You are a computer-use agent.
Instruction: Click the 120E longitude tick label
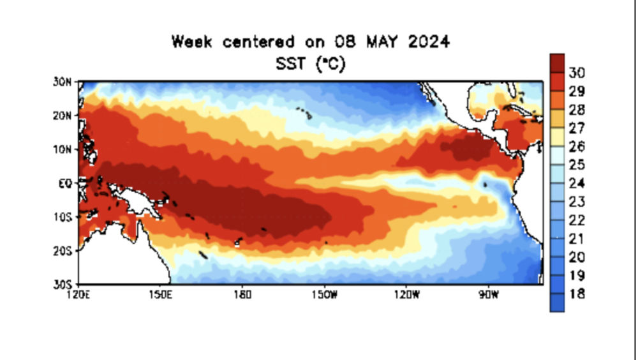coord(78,294)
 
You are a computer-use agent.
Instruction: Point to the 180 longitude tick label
coord(242,294)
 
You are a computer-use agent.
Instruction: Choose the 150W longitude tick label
coord(325,294)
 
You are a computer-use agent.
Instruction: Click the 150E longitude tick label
coord(160,294)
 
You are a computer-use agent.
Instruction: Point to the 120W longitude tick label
coord(407,294)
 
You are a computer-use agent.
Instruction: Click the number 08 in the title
coord(343,42)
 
